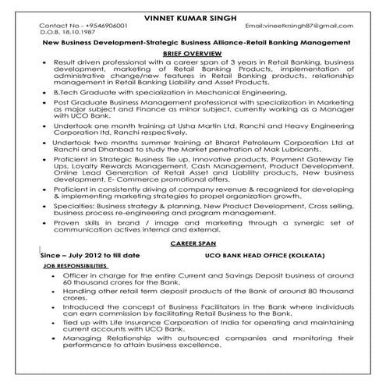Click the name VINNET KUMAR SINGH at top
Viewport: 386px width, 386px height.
pos(193,17)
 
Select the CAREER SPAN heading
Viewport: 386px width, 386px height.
pos(193,244)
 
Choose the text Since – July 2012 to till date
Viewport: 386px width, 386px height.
pos(89,255)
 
